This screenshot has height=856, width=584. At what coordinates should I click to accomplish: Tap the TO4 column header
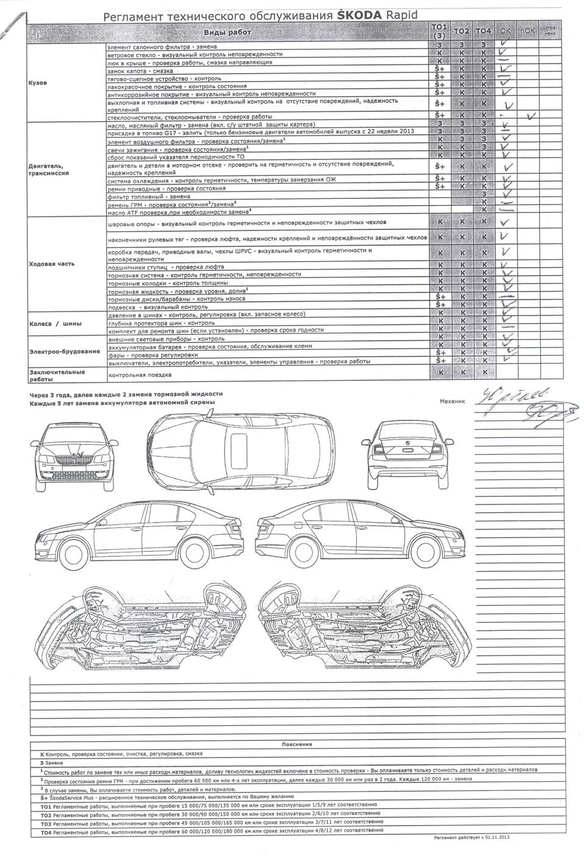click(x=484, y=31)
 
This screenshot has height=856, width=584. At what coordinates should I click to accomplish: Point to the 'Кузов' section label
click(x=38, y=83)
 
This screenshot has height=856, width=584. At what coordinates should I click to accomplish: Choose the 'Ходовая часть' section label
click(x=52, y=263)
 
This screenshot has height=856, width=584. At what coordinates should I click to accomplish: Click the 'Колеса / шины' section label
click(x=52, y=324)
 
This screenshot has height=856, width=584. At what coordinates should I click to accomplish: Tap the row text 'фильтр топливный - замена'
click(x=148, y=197)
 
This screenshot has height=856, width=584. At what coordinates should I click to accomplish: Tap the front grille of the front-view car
click(x=76, y=459)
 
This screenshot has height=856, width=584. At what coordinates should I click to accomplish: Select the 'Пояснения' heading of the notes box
click(x=297, y=744)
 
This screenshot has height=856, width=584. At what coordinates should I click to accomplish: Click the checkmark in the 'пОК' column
click(x=532, y=114)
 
